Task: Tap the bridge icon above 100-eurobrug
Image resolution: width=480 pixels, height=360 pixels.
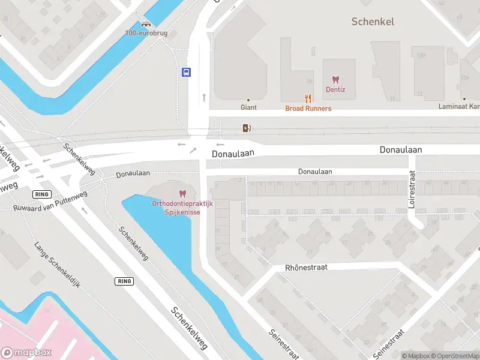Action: click(146, 24)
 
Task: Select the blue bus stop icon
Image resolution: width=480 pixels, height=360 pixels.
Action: click(187, 73)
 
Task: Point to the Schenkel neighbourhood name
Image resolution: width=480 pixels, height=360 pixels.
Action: click(373, 22)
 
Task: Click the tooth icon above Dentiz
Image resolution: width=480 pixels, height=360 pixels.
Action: click(335, 80)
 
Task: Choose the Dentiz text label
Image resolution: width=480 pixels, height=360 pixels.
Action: click(335, 90)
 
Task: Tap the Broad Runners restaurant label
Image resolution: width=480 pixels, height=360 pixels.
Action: click(308, 109)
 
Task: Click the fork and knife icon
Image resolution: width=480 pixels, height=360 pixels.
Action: click(308, 98)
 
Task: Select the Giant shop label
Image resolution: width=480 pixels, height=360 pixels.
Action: click(248, 107)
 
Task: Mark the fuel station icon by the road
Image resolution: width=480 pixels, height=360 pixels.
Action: click(246, 127)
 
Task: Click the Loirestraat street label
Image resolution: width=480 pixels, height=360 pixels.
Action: click(412, 189)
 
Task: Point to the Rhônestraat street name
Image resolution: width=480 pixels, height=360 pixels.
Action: click(306, 267)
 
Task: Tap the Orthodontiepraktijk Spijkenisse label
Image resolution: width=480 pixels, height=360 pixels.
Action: click(182, 208)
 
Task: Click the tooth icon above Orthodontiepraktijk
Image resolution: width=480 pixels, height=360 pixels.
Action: click(182, 194)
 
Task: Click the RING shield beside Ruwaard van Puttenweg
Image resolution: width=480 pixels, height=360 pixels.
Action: click(42, 194)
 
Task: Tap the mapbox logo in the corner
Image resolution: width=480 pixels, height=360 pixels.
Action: click(26, 353)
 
